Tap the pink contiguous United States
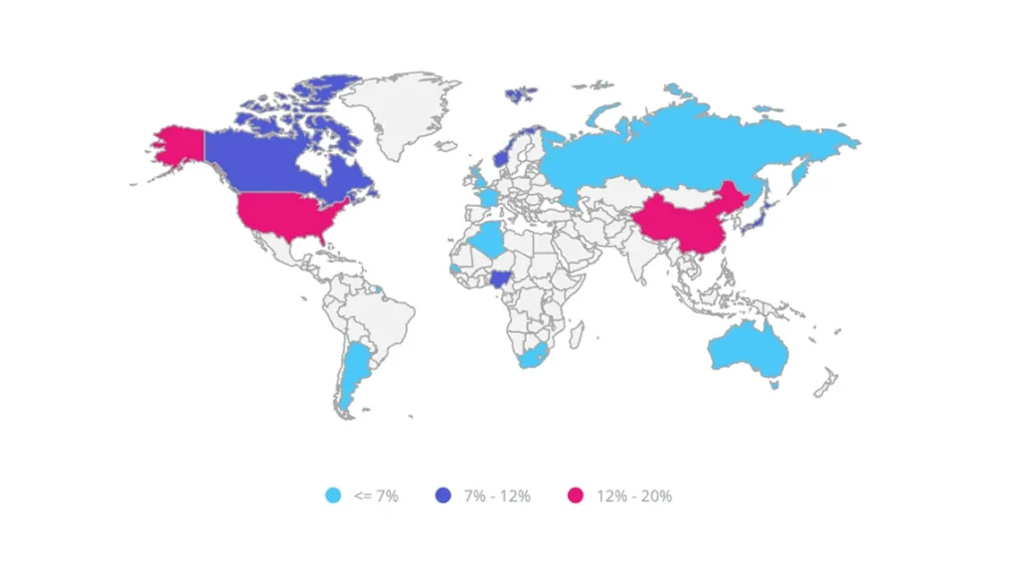(288, 212)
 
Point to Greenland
(398, 109)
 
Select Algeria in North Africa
(488, 239)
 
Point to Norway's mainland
(503, 155)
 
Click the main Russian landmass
(676, 149)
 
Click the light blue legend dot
(334, 495)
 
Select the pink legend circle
(575, 495)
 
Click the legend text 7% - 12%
(497, 495)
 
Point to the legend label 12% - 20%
(634, 495)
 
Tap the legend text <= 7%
(376, 495)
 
